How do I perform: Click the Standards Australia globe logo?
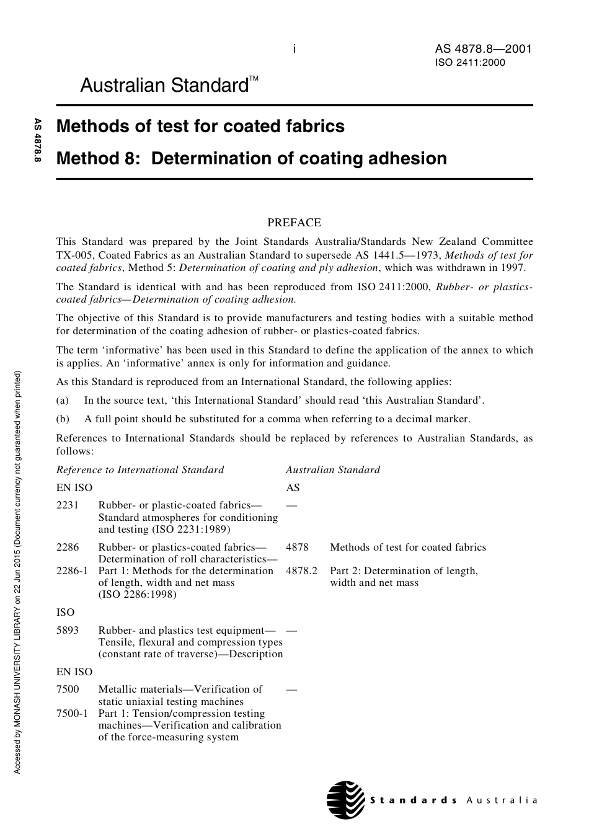[345, 799]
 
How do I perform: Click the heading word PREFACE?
[294, 223]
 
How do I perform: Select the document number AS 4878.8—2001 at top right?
[483, 50]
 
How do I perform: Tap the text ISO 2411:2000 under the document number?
[470, 63]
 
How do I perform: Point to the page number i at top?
[294, 49]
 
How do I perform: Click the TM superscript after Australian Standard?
[254, 79]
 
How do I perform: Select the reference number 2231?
[68, 505]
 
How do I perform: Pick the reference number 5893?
[68, 631]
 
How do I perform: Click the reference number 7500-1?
[73, 714]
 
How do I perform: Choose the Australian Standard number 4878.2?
[301, 571]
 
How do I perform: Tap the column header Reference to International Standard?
[140, 470]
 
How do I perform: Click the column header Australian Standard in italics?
[333, 470]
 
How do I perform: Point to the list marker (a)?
[63, 401]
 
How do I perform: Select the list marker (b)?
[63, 419]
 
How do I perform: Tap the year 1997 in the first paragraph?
[513, 268]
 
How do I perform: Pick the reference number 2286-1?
[73, 571]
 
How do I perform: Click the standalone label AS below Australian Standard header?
[293, 488]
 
